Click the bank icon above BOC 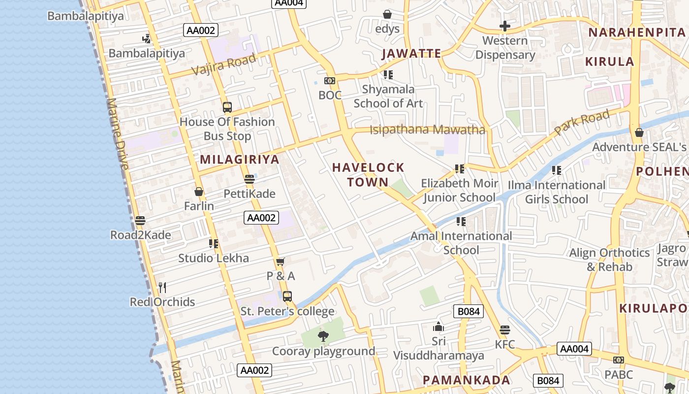click(329, 81)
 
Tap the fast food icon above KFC click(504, 330)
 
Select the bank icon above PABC click(619, 360)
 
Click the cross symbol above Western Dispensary click(505, 26)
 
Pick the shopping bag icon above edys click(387, 14)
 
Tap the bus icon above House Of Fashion click(227, 107)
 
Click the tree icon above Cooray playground click(323, 336)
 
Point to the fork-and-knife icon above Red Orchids click(162, 287)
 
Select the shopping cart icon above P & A click(281, 261)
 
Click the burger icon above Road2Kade click(140, 220)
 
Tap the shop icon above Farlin click(199, 191)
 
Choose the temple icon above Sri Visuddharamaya click(438, 327)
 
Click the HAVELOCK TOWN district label click(368, 175)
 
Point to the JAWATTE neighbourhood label click(411, 54)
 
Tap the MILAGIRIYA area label click(240, 160)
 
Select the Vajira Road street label click(224, 64)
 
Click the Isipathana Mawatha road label click(427, 130)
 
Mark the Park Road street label click(582, 122)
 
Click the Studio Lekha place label click(214, 258)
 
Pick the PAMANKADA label click(467, 380)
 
